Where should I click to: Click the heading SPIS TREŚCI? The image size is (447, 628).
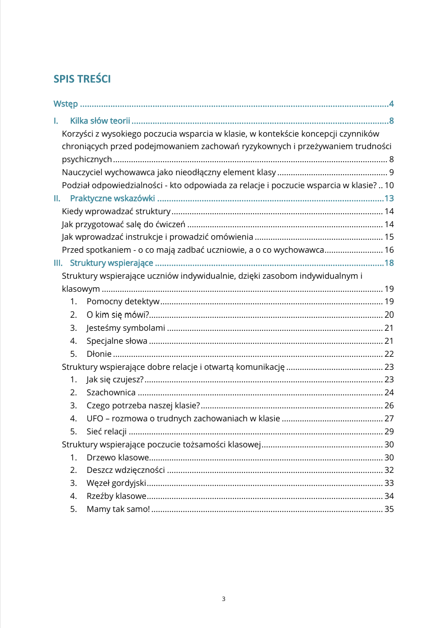pos(82,79)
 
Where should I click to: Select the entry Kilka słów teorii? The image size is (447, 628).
pos(100,121)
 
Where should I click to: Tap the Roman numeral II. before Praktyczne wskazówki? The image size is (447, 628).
pos(57,198)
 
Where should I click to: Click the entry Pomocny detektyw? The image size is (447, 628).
pos(122,301)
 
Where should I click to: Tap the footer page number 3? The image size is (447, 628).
pos(223,599)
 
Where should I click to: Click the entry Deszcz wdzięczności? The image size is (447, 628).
pos(125,470)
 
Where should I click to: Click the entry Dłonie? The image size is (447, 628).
pos(99,353)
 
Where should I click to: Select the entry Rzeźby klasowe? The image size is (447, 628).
pos(116,496)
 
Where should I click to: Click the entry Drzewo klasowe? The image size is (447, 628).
pos(117,457)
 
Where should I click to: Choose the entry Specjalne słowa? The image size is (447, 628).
pos(116,341)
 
